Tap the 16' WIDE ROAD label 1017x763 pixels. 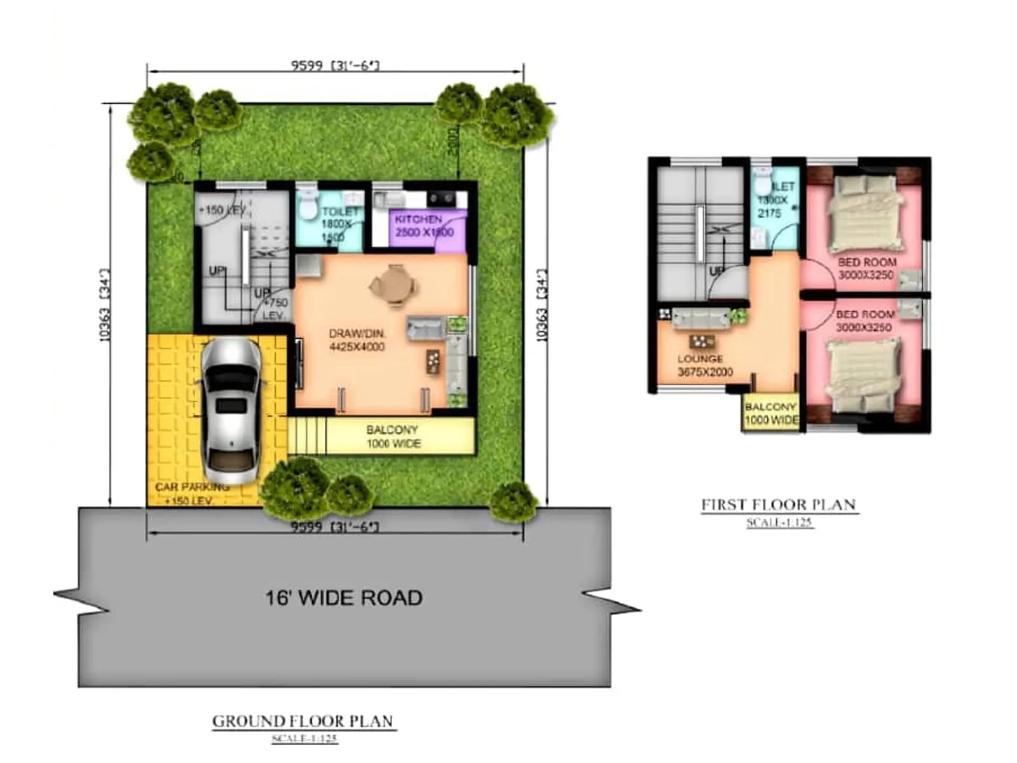343,598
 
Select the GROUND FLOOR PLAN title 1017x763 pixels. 303,721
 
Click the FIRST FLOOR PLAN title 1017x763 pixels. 779,505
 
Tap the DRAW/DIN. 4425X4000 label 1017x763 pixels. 357,340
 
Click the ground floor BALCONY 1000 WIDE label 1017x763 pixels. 393,437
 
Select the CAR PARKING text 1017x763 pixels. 192,487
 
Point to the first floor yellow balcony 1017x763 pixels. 770,413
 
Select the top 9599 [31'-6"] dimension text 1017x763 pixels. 335,65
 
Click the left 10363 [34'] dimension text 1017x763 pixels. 105,305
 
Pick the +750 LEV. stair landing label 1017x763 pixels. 274,309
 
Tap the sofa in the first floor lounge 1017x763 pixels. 701,317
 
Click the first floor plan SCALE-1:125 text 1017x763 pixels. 779,523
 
